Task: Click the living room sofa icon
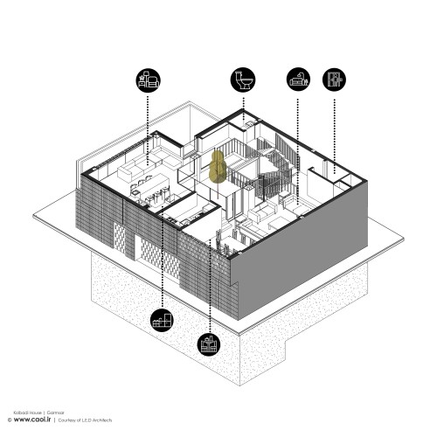pyautogui.click(x=148, y=80)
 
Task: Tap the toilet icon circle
pyautogui.click(x=242, y=80)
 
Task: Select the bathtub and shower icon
pyautogui.click(x=299, y=80)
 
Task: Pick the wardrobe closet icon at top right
pyautogui.click(x=334, y=80)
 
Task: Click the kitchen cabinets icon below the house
pyautogui.click(x=162, y=321)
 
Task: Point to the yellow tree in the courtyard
pyautogui.click(x=218, y=166)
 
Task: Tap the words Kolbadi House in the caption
pyautogui.click(x=26, y=410)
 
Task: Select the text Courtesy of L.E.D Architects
pyautogui.click(x=87, y=420)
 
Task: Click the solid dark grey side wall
pyautogui.click(x=297, y=262)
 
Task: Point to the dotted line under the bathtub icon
pyautogui.click(x=299, y=140)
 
